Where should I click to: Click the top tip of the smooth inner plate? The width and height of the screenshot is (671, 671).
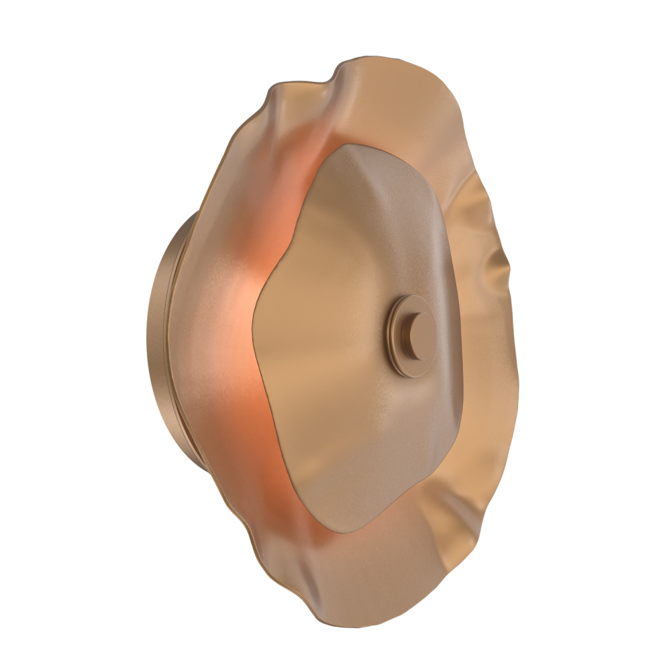coord(349,144)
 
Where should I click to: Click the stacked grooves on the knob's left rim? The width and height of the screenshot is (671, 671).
coord(391,335)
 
